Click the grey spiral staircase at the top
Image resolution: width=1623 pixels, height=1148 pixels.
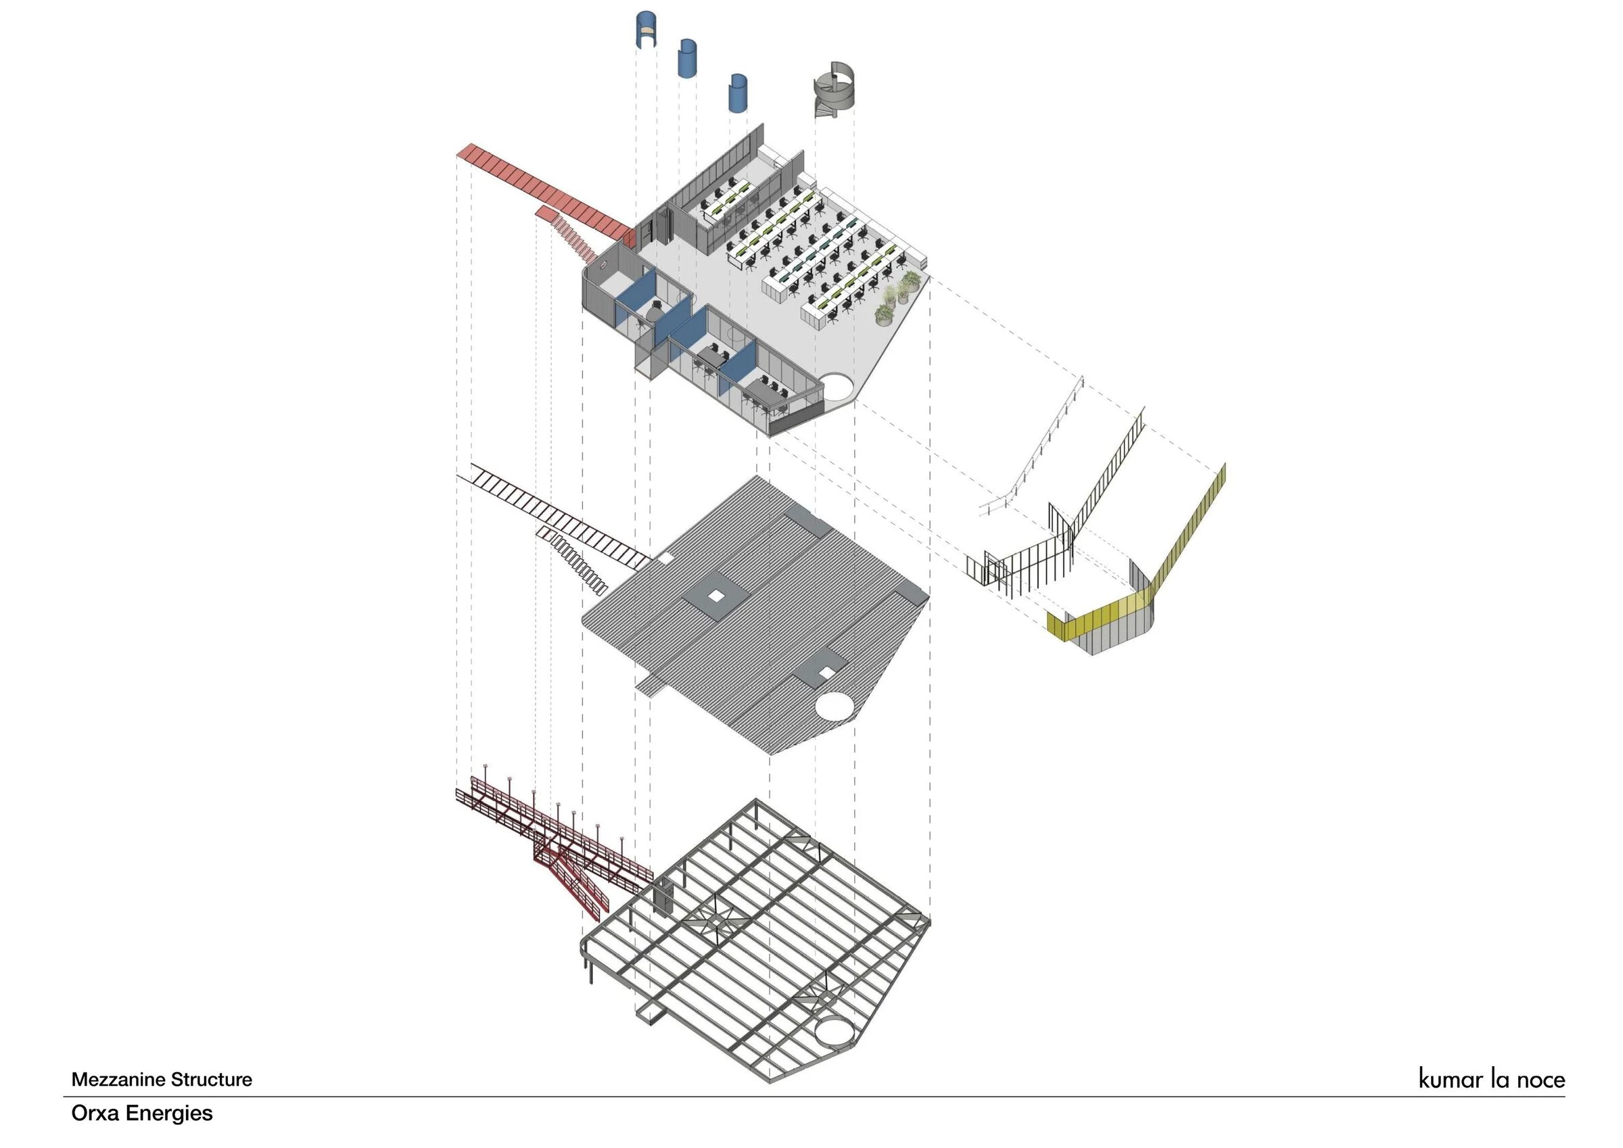[x=834, y=93]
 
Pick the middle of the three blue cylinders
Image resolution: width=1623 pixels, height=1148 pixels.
[x=687, y=58]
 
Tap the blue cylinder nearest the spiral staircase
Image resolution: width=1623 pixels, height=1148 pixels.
[x=738, y=93]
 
